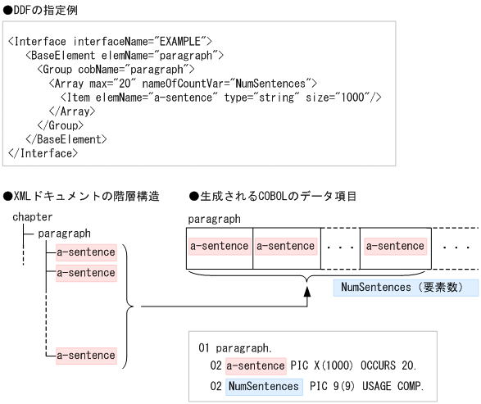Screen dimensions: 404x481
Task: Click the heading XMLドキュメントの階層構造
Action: click(x=81, y=197)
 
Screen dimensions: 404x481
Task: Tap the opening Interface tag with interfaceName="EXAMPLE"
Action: click(x=111, y=40)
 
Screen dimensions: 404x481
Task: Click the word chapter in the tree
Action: click(x=33, y=217)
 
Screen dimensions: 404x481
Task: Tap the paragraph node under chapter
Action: click(x=64, y=234)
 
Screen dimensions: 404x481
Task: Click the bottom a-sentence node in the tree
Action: click(x=86, y=356)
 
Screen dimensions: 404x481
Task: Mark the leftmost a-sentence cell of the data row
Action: click(x=220, y=246)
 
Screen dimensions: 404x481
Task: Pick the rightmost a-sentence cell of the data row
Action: click(x=395, y=246)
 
